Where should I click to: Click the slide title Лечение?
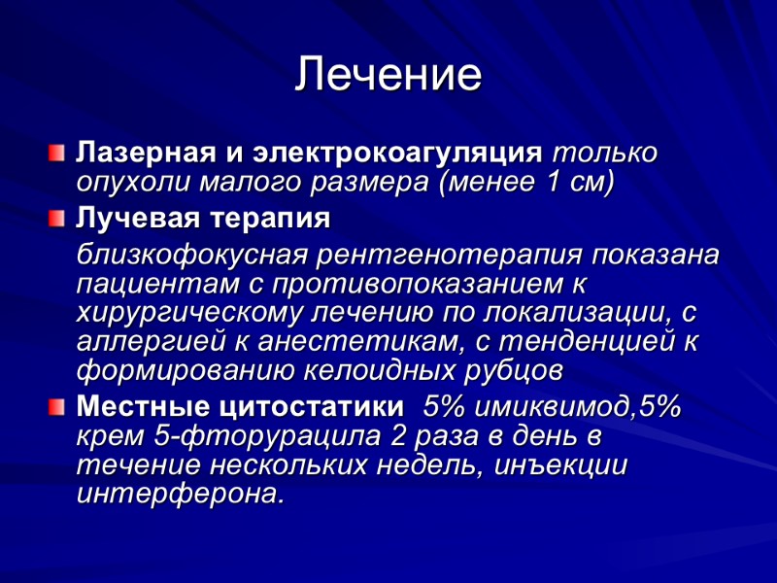point(388,75)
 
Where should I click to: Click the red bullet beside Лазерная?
point(58,153)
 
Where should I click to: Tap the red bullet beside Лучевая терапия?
point(58,217)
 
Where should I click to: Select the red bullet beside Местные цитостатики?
point(58,404)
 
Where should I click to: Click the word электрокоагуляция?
point(397,154)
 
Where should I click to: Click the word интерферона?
point(181,494)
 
